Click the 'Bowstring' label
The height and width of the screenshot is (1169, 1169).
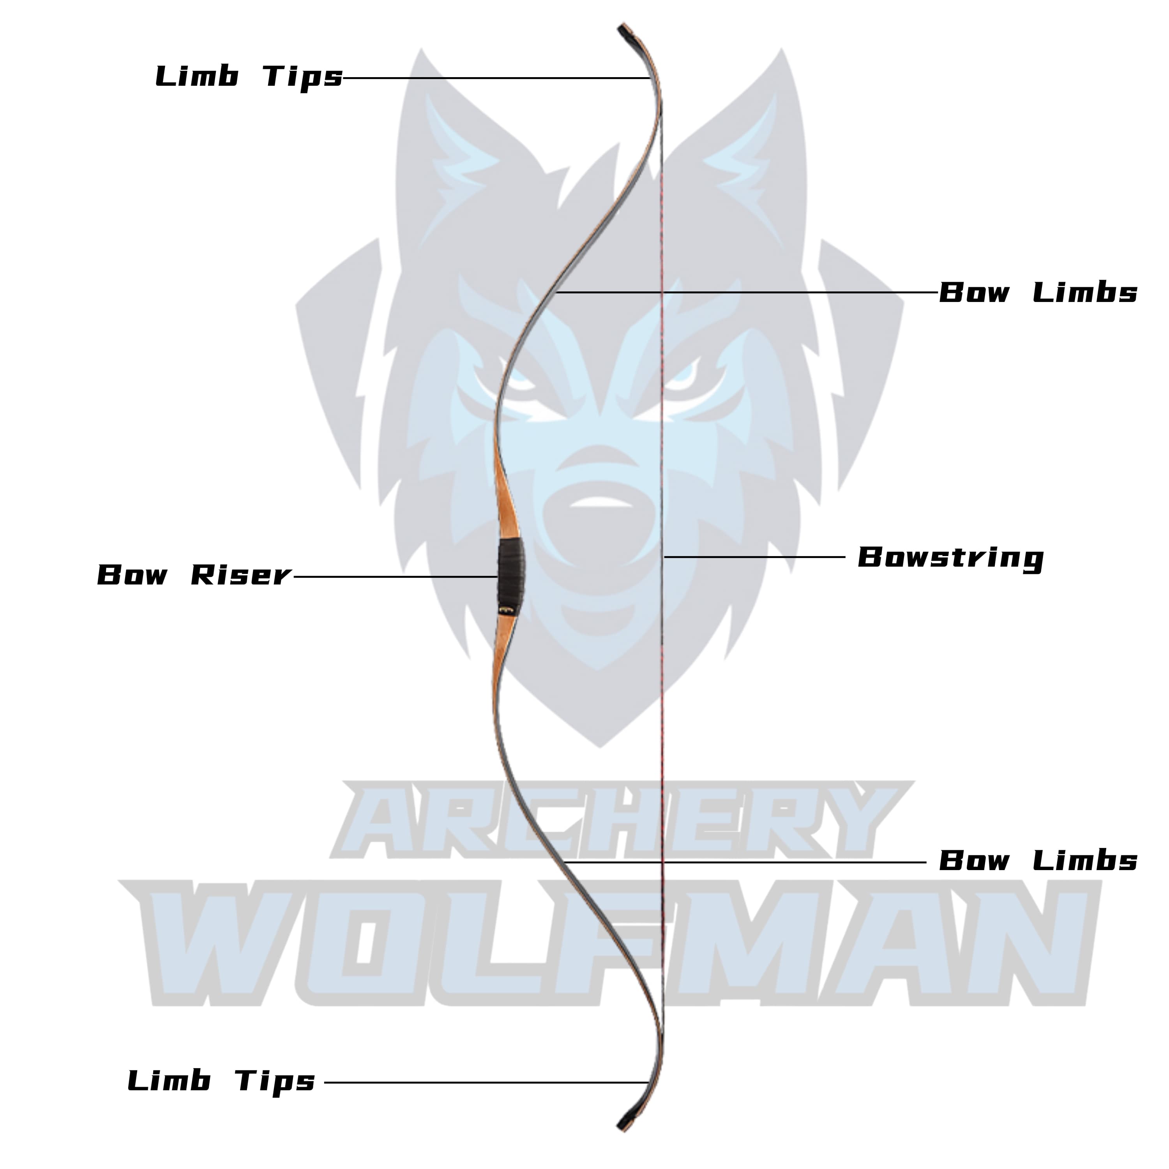pos(950,557)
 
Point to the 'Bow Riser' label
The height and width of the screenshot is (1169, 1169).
pos(194,575)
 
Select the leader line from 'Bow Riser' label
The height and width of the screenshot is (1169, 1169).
pos(393,577)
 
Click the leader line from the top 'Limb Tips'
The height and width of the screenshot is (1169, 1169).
pos(496,78)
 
